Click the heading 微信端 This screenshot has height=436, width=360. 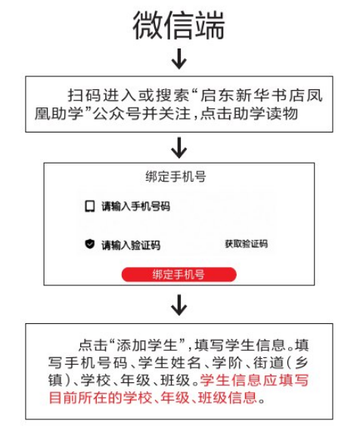coord(178,25)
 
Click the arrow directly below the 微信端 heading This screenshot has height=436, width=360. coord(179,59)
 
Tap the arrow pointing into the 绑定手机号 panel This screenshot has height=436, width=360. coord(179,148)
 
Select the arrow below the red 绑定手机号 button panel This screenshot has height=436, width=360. coord(179,305)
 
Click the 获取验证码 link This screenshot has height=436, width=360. coord(246,244)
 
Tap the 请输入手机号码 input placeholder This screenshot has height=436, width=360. coord(135,207)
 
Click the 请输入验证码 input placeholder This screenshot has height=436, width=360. coord(131,245)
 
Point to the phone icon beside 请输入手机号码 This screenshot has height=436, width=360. coord(89,207)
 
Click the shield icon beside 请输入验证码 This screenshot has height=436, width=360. coord(89,244)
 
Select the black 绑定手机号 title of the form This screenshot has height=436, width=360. coord(175,176)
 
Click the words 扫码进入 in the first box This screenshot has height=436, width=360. coord(103,95)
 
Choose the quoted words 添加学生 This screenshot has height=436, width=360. coord(147,345)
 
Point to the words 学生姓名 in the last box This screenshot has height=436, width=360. coord(169,363)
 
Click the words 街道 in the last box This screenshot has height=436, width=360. coord(268,363)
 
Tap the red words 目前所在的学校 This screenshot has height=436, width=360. coord(101,397)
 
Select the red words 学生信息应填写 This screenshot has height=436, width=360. coord(254,380)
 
